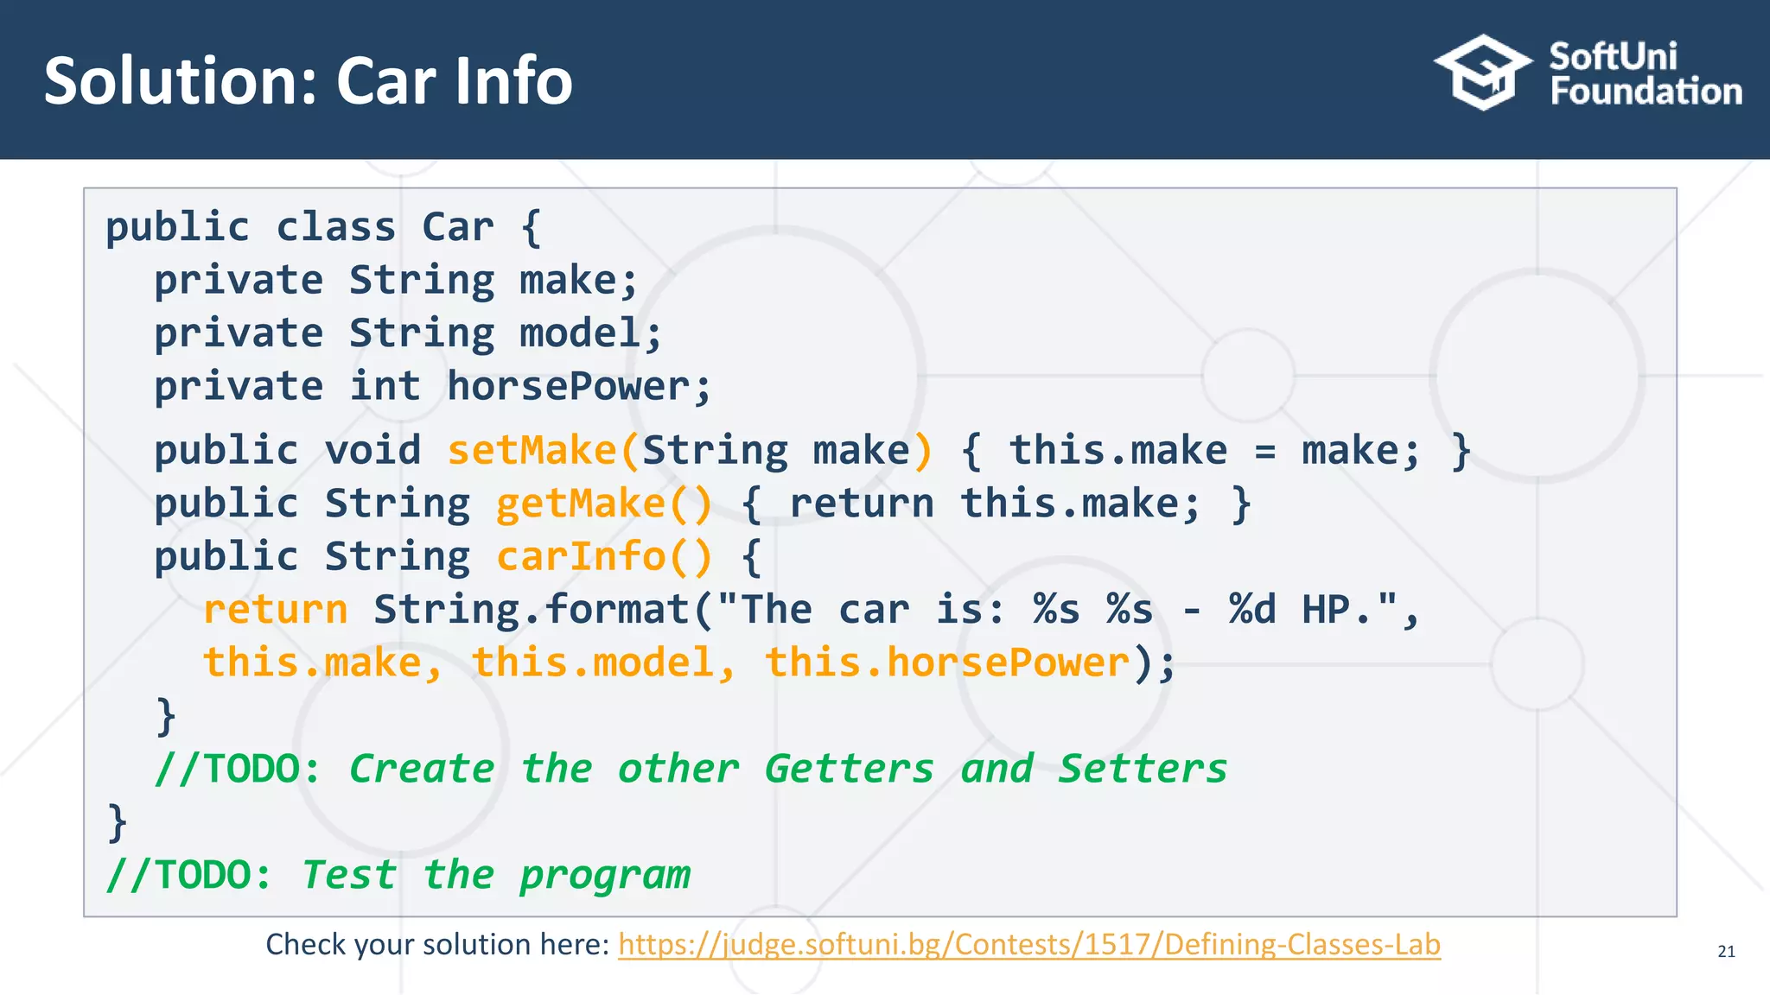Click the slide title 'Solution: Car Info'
point(308,81)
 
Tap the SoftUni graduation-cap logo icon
point(1483,73)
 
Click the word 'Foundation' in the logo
point(1646,92)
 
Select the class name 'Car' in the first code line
point(458,227)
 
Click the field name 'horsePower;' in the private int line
point(578,386)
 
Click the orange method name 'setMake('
point(543,451)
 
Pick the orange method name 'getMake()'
point(603,504)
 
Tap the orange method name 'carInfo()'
point(603,556)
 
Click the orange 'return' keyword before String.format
point(275,610)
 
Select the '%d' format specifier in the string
point(1251,610)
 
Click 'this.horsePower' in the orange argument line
point(947,663)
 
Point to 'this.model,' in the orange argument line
point(603,663)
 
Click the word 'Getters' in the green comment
point(849,769)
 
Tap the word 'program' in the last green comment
point(605,876)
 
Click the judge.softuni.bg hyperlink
point(1028,944)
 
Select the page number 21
point(1726,952)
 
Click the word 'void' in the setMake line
point(372,451)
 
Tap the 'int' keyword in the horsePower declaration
point(385,386)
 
